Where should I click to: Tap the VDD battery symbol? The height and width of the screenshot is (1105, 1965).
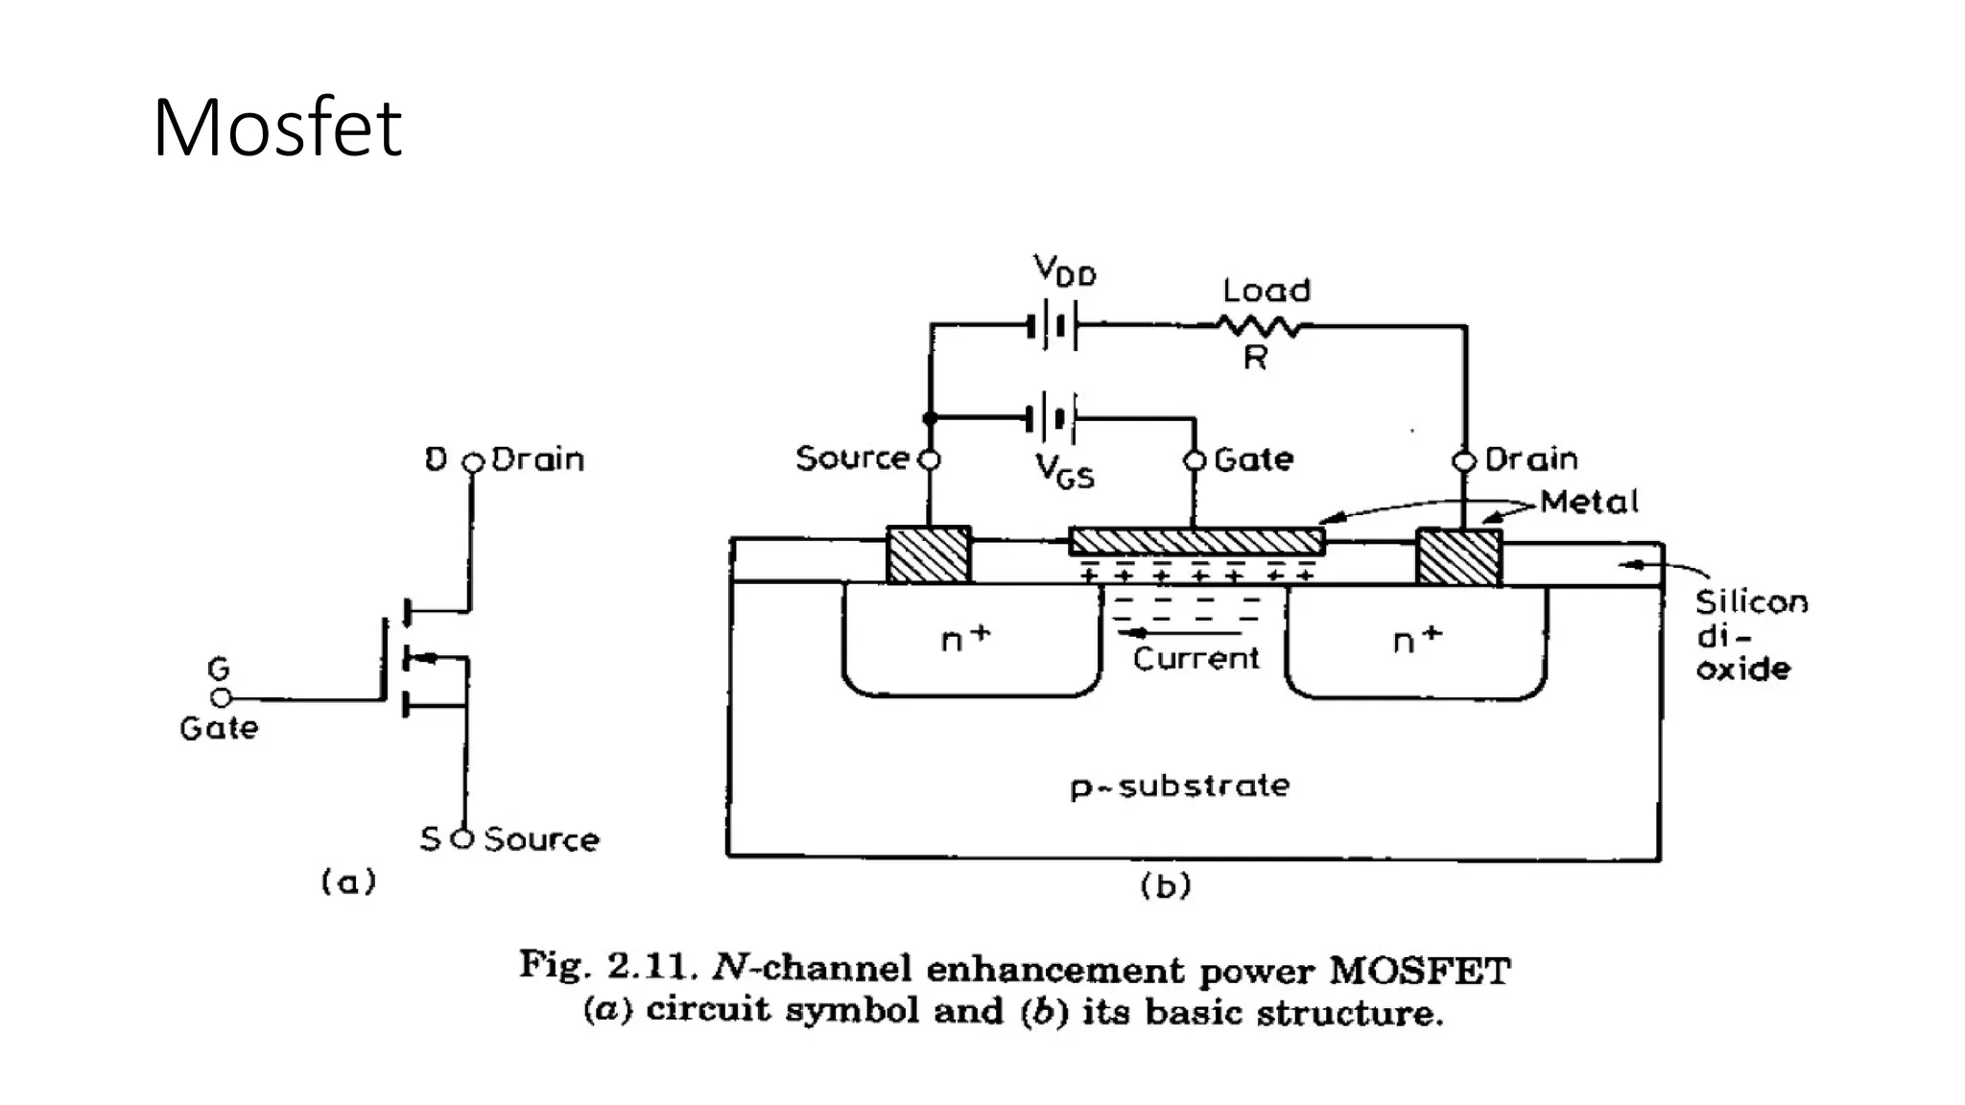[x=1054, y=326]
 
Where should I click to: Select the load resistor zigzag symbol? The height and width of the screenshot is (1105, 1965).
[x=1258, y=327]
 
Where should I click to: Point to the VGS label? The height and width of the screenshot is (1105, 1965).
[x=1065, y=471]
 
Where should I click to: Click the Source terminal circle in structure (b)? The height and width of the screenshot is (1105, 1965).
[x=929, y=460]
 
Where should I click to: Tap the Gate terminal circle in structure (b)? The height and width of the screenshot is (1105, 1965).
[x=1195, y=460]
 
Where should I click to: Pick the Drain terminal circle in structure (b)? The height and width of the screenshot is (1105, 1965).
[x=1464, y=461]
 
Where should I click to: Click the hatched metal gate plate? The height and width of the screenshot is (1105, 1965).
[x=1196, y=541]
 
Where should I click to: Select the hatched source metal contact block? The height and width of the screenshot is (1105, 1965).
[x=929, y=555]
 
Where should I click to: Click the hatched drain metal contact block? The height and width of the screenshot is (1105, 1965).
[x=1458, y=557]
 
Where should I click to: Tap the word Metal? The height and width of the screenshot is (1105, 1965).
[x=1589, y=503]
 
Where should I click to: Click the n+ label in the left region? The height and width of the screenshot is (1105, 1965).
[x=965, y=639]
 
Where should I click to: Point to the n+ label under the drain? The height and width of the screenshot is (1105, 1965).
[x=1417, y=639]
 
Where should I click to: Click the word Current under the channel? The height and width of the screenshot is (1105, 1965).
[x=1196, y=659]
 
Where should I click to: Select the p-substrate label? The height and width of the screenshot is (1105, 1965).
[x=1180, y=787]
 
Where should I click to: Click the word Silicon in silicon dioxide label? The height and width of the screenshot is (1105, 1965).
[x=1750, y=602]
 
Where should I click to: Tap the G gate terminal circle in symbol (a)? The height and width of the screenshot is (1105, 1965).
[x=221, y=698]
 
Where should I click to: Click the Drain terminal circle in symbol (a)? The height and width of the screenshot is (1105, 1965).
[x=472, y=463]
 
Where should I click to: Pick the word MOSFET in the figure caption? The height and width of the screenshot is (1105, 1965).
[x=1420, y=971]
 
